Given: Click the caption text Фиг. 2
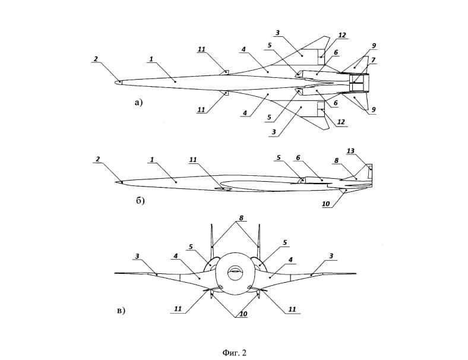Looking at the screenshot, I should (x=233, y=352).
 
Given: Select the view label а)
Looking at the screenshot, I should (x=139, y=102).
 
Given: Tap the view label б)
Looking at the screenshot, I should (x=141, y=201).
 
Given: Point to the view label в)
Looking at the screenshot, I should (x=121, y=310).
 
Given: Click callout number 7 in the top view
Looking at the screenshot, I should (x=374, y=61).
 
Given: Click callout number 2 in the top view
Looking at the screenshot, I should (x=96, y=59).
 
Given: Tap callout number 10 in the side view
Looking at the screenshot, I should (x=326, y=204).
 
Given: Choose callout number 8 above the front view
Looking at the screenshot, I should (x=241, y=218).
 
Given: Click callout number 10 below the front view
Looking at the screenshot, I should (x=243, y=314).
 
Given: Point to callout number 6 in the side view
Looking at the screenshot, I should (x=298, y=158).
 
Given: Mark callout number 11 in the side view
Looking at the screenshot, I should (x=192, y=159).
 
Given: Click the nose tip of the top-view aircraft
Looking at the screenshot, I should (x=116, y=82).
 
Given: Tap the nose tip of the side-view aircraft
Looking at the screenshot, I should (x=116, y=182).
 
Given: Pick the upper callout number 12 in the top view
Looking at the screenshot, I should (x=342, y=36).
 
